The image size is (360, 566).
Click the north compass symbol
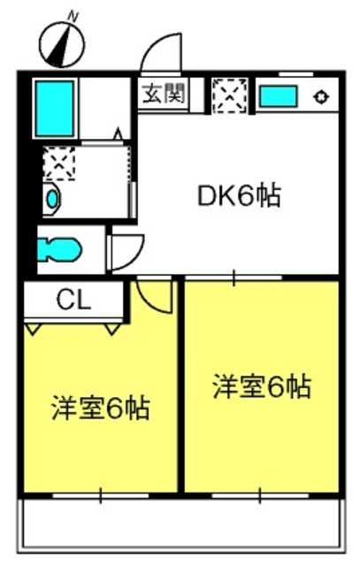[62, 44]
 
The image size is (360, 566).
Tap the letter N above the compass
[73, 16]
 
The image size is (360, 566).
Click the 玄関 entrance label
[164, 94]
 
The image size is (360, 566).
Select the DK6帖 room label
[240, 195]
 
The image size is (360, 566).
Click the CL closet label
[73, 300]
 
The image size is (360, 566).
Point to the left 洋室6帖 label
[100, 408]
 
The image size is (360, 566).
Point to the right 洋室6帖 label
[262, 386]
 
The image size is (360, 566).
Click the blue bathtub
[55, 108]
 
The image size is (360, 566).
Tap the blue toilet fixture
[58, 249]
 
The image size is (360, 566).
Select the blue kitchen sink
[278, 96]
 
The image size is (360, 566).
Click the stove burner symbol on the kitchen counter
[321, 96]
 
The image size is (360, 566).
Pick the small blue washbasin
[51, 199]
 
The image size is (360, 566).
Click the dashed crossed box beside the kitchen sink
[230, 95]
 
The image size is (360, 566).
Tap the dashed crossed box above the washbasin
[59, 164]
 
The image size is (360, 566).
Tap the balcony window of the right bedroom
[260, 495]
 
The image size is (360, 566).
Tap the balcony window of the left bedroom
[100, 495]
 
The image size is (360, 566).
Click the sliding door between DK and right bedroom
[234, 278]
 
